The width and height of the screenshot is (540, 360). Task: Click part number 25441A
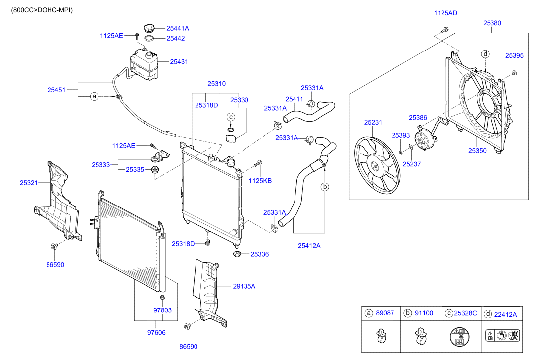click(x=177, y=29)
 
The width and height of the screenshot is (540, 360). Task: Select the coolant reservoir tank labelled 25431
click(x=144, y=63)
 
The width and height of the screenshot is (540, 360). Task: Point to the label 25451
click(x=57, y=90)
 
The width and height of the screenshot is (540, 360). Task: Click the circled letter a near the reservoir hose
click(x=94, y=96)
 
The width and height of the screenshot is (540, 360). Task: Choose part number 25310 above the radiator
click(x=216, y=84)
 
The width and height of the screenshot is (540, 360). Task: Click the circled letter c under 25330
click(x=230, y=117)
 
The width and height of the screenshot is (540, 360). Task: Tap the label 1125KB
click(x=260, y=181)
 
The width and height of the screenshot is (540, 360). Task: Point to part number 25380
click(x=492, y=23)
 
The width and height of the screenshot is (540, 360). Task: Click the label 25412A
click(x=309, y=245)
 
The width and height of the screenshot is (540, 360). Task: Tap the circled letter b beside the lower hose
click(x=325, y=187)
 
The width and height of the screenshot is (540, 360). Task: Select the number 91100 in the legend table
click(x=424, y=314)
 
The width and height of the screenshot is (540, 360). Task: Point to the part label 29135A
click(x=244, y=286)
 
